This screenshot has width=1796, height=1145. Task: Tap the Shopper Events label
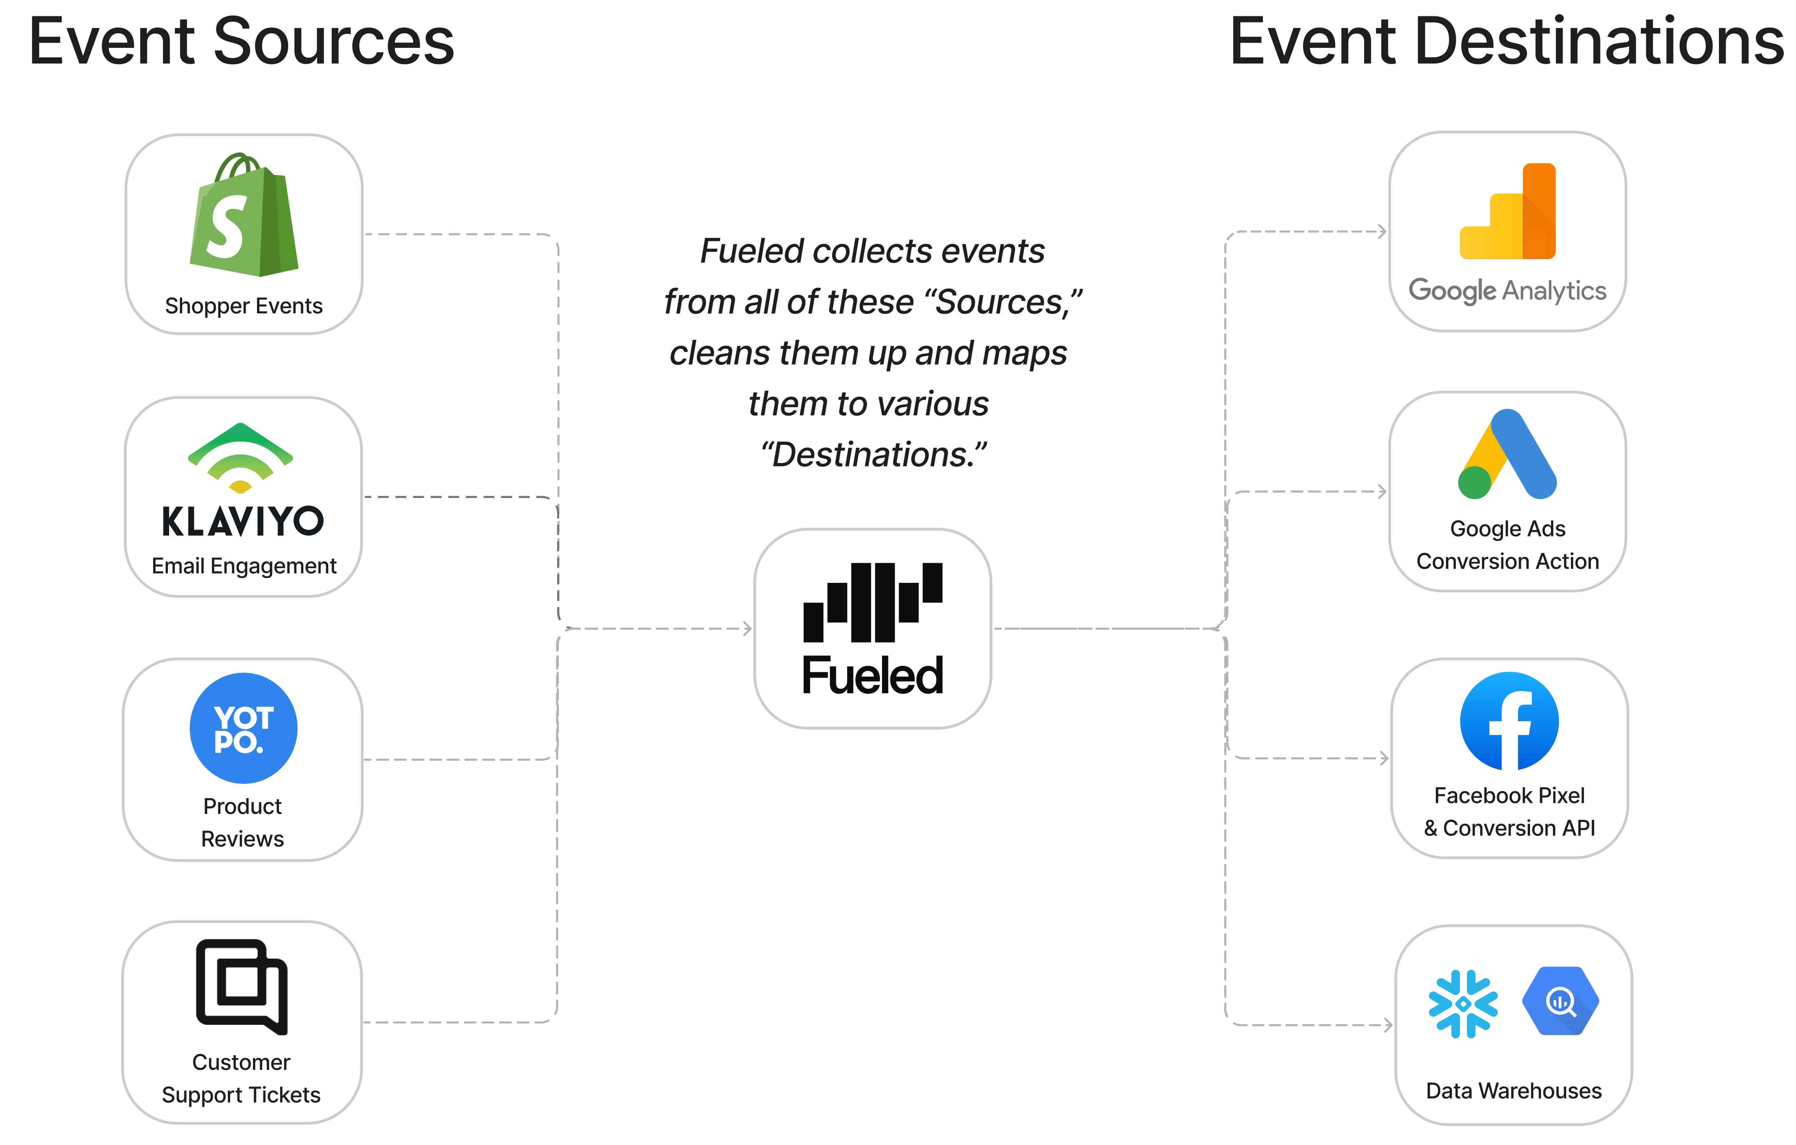[244, 306]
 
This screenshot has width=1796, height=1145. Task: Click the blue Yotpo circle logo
[243, 728]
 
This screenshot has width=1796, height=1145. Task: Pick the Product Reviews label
[242, 822]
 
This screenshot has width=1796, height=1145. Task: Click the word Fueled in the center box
[873, 676]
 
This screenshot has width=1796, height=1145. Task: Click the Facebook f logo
[1509, 721]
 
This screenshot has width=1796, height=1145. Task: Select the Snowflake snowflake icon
[1463, 1003]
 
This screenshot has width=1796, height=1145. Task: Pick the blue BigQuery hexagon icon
[1560, 1001]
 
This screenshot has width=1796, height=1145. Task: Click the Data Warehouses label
[1513, 1091]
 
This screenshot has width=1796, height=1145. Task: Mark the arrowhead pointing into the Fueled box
[747, 629]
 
